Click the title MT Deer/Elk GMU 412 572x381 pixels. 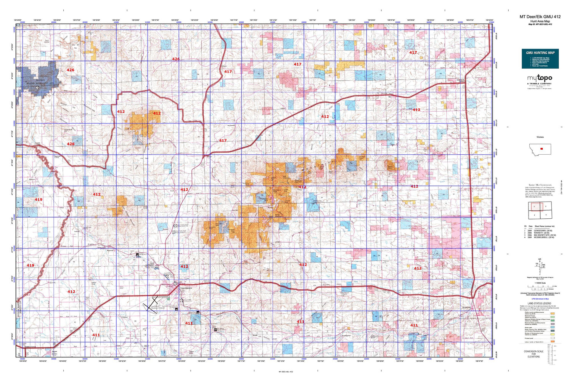click(540, 17)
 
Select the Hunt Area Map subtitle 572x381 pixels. click(540, 21)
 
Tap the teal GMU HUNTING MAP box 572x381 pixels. click(540, 59)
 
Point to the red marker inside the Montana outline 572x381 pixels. click(541, 149)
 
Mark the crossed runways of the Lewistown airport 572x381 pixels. click(151, 304)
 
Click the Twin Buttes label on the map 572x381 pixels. click(47, 40)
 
